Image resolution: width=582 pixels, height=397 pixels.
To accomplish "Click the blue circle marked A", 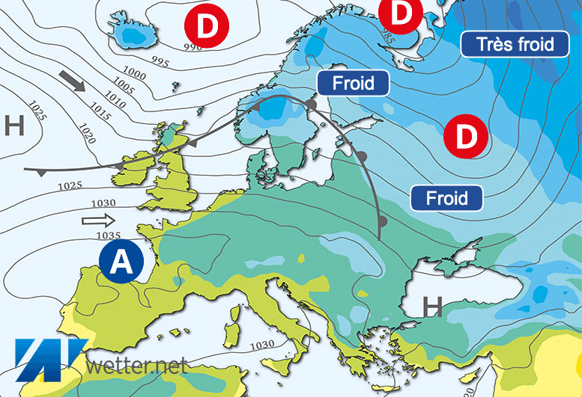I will (x=121, y=261).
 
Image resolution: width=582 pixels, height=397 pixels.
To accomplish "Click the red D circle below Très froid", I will (x=465, y=137).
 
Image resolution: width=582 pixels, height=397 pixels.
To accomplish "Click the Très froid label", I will (x=517, y=44).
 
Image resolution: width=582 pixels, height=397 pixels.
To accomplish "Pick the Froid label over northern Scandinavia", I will (x=353, y=82).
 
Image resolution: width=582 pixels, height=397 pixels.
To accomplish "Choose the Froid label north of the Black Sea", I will (x=446, y=198).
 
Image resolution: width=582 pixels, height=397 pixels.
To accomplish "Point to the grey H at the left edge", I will (x=14, y=126).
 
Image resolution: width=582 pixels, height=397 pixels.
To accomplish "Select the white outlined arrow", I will (x=99, y=220).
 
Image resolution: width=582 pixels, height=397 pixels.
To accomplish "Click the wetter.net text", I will (x=136, y=366).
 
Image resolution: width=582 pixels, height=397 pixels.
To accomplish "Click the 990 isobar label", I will (x=193, y=48).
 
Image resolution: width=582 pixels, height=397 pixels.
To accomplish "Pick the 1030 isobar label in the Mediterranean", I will (x=261, y=345).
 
